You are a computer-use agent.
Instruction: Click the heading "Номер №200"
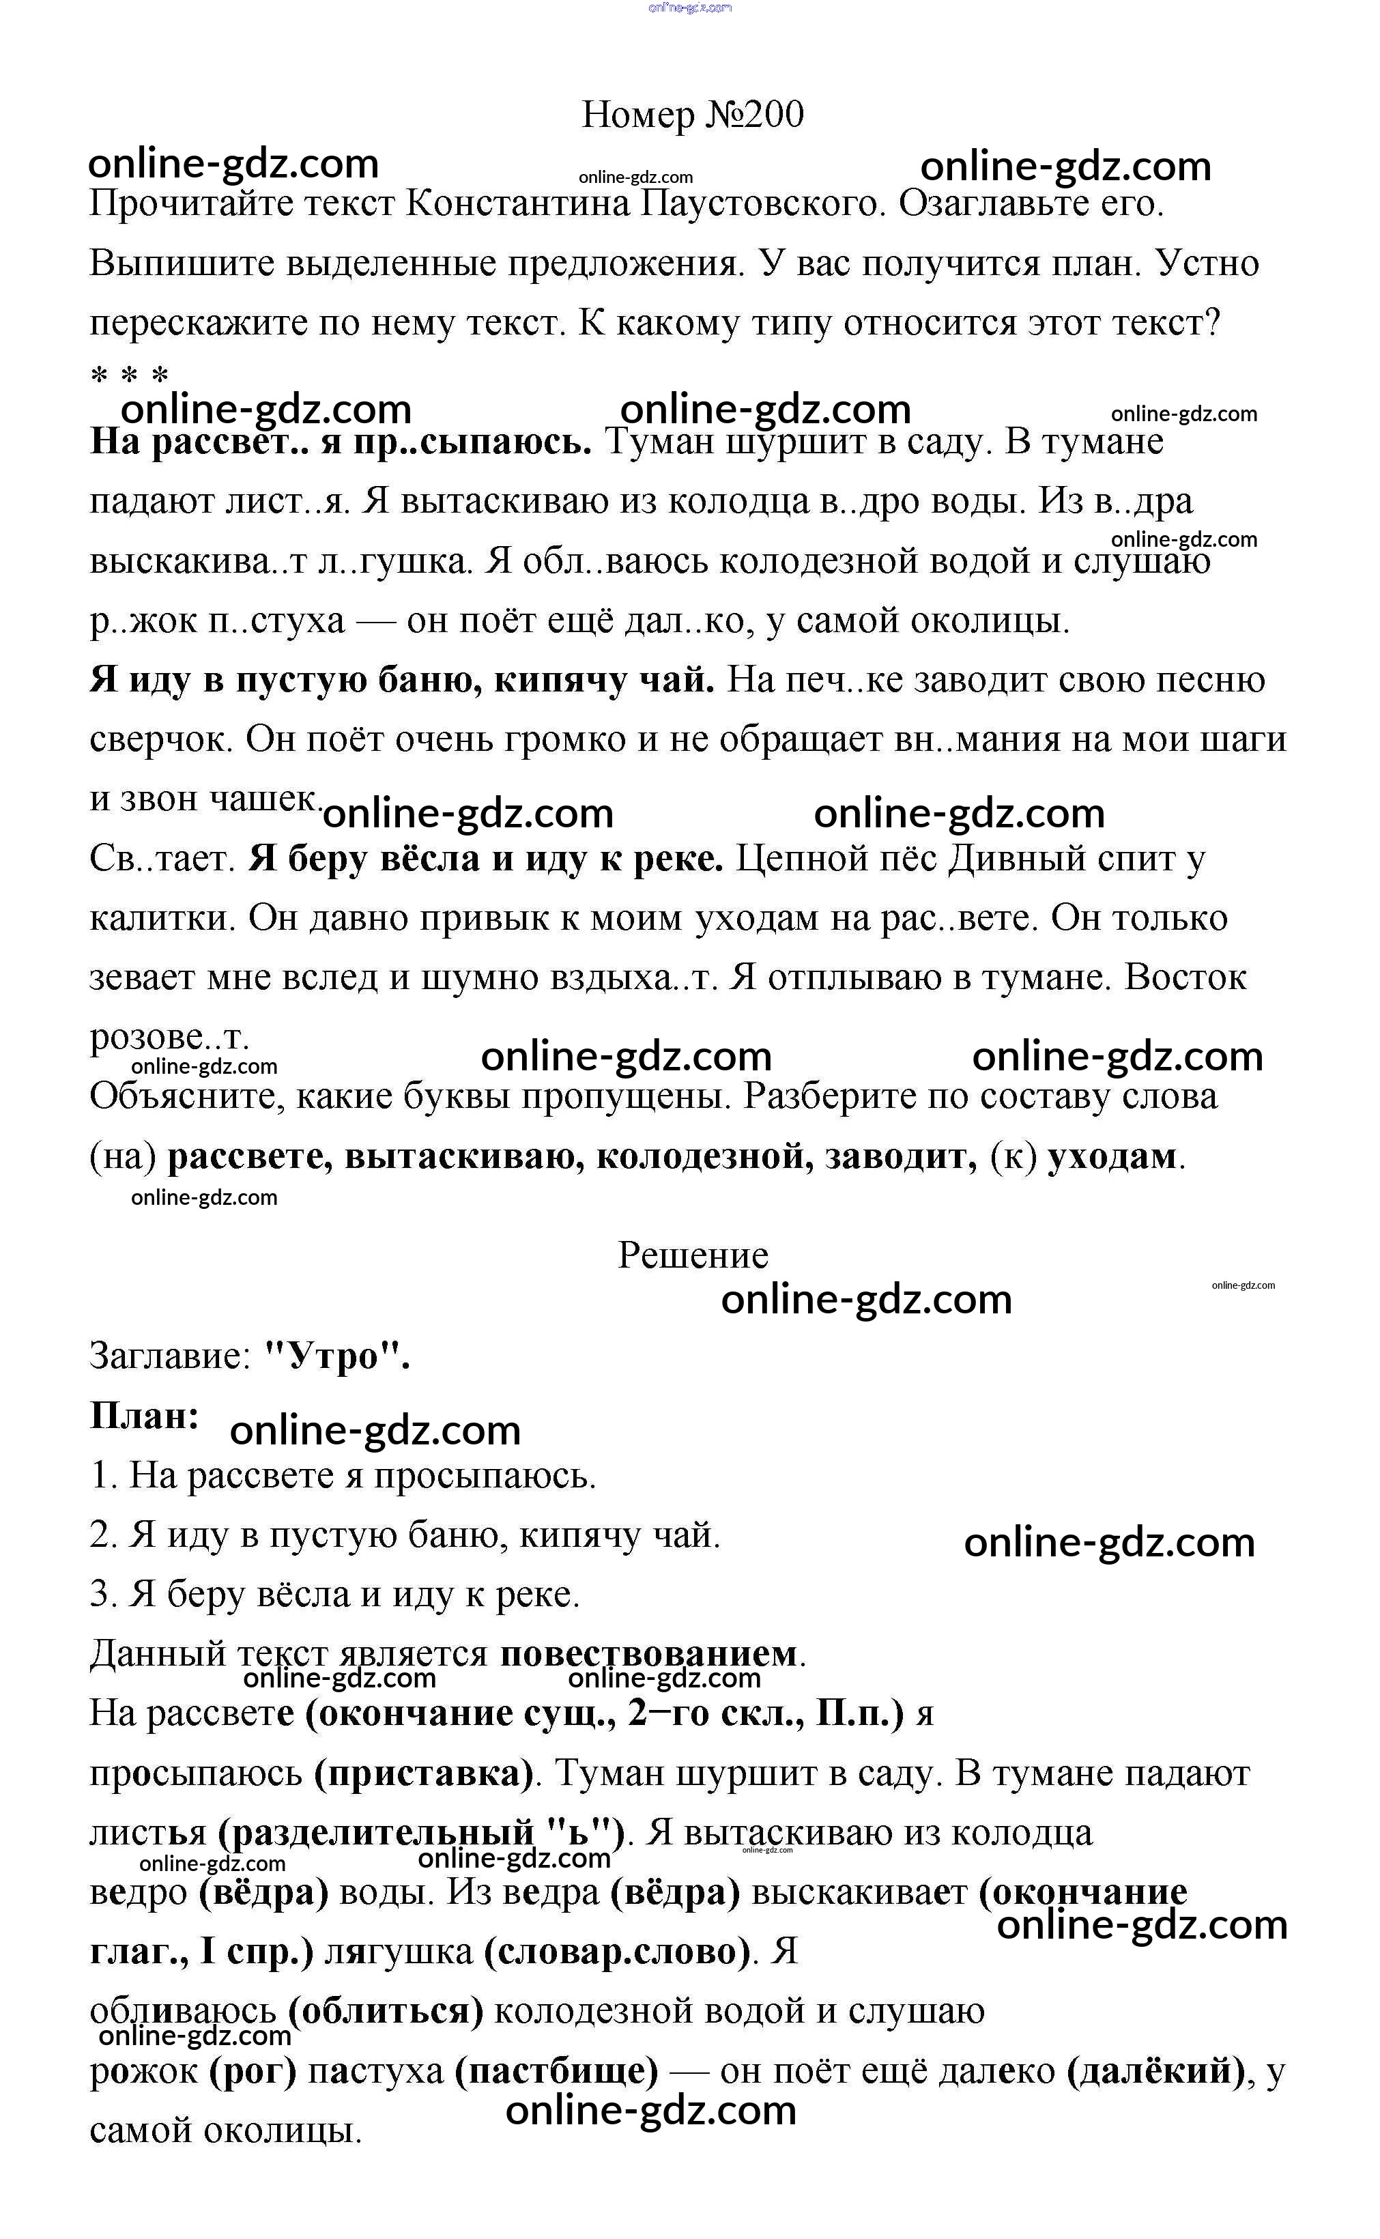pyautogui.click(x=692, y=115)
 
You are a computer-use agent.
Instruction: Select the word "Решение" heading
pyautogui.click(x=693, y=1255)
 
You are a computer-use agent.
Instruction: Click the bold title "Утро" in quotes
pyautogui.click(x=336, y=1356)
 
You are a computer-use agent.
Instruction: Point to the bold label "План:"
pyautogui.click(x=144, y=1416)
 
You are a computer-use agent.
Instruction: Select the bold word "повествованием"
pyautogui.click(x=648, y=1654)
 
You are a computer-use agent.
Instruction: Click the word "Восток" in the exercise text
pyautogui.click(x=1185, y=978)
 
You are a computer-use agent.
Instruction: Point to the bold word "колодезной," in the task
pyautogui.click(x=704, y=1156)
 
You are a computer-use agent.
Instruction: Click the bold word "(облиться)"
pyautogui.click(x=385, y=2012)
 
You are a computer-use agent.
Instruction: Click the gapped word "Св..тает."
pyautogui.click(x=163, y=859)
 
